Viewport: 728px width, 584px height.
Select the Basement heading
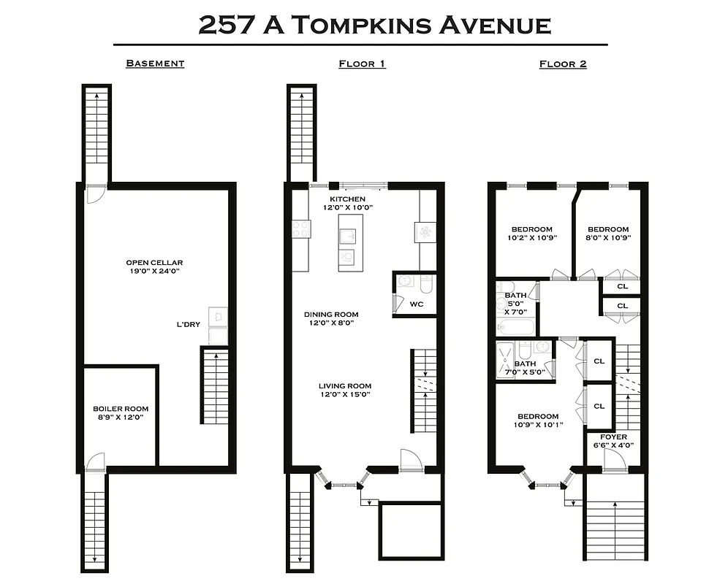tap(155, 64)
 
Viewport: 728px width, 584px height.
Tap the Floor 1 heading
tap(362, 64)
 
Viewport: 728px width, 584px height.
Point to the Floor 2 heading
tap(563, 64)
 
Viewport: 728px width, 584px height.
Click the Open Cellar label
tap(154, 263)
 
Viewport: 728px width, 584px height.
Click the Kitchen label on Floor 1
tap(347, 199)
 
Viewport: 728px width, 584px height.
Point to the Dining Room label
tap(331, 315)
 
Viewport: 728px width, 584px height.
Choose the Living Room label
tap(345, 386)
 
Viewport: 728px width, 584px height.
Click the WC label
tap(417, 304)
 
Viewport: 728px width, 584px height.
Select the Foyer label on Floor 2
tap(613, 437)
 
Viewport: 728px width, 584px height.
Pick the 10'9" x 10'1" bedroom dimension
tap(539, 424)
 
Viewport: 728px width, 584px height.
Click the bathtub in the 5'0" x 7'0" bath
tap(516, 325)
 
